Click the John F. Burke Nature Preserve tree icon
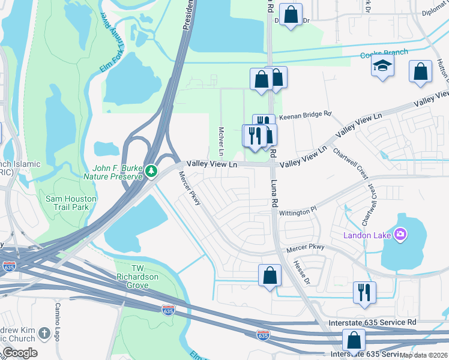pos(152,172)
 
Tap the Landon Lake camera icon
pos(400,234)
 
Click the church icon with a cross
pos(44,333)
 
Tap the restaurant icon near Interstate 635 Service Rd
pos(364,292)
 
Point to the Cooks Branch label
pos(384,54)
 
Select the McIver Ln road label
pos(221,139)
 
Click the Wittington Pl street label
pos(297,212)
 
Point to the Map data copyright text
pos(424,355)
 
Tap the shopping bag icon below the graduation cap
pos(420,71)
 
